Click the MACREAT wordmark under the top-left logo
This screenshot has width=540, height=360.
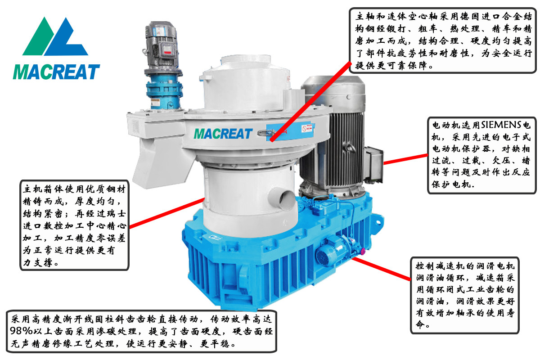(x=56, y=72)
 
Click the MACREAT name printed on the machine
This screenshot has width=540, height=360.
(x=223, y=134)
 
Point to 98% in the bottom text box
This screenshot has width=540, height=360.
(x=21, y=331)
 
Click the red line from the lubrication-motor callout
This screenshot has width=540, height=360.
(x=382, y=269)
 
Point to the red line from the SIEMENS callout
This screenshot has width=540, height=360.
(x=406, y=159)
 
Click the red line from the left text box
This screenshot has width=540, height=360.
(x=167, y=213)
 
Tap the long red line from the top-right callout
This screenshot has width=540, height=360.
(x=311, y=101)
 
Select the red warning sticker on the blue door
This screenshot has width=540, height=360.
(x=307, y=129)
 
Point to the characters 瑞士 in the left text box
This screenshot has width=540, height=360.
(x=115, y=213)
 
